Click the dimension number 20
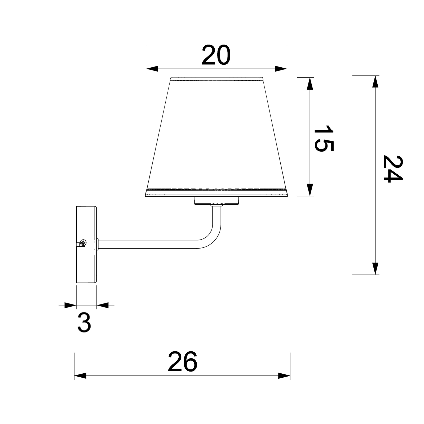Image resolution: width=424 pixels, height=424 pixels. click(216, 55)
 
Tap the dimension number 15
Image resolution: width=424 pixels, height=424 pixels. click(324, 138)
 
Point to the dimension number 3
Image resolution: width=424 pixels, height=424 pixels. click(84, 323)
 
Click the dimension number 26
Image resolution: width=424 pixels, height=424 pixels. click(183, 362)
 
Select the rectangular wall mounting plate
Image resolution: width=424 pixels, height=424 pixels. click(86, 245)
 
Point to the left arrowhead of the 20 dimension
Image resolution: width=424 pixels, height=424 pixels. click(152, 69)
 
